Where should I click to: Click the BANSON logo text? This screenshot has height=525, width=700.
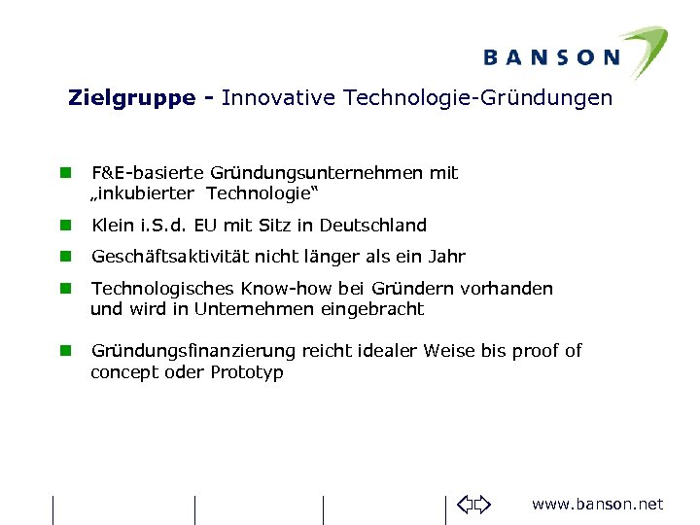551,57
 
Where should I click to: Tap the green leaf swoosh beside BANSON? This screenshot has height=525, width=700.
643,49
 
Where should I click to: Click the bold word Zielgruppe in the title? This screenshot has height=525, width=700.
131,98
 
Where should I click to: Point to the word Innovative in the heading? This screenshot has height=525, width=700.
273,98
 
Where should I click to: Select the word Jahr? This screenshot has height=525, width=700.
446,257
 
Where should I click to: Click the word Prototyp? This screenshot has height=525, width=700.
247,372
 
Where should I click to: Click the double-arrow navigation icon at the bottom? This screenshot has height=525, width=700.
474,504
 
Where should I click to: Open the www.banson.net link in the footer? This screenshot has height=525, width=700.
597,504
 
